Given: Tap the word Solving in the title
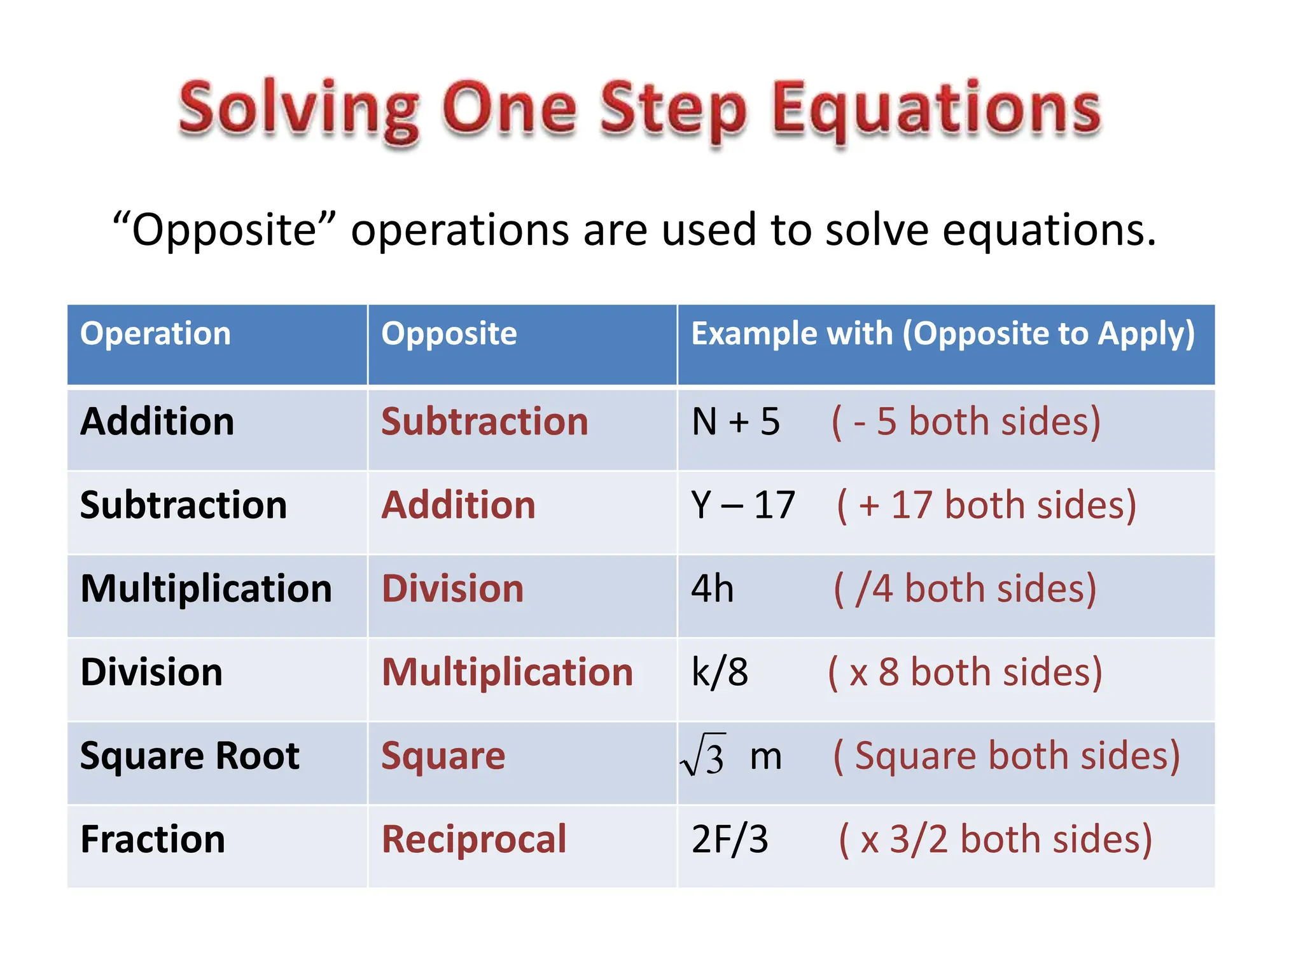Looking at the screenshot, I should (299, 109).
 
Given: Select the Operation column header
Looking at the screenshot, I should (155, 334).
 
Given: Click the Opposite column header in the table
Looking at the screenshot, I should (449, 334).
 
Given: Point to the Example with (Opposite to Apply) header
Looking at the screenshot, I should (943, 334).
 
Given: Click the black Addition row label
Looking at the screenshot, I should (157, 422).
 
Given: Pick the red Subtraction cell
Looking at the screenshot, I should (485, 422).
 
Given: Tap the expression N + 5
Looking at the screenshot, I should (735, 422).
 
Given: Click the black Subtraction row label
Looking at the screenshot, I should (183, 505).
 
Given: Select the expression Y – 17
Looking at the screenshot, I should (743, 505).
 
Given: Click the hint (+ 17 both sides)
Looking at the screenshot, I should (986, 505).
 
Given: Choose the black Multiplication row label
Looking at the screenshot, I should (206, 588).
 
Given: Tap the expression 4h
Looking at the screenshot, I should (713, 588).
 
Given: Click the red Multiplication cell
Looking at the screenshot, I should (508, 672).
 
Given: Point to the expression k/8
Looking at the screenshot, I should (720, 672).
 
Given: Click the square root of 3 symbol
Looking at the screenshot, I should (704, 756).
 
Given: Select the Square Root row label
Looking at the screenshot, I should (190, 756).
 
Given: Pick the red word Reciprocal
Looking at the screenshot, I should (474, 840).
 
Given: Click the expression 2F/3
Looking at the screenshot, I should (730, 840).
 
